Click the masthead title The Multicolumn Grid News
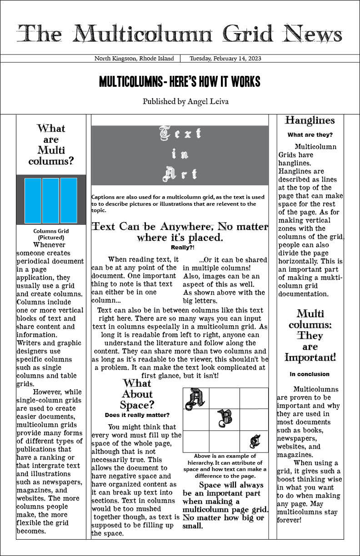[x=180, y=34]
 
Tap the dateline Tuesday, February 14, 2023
[x=225, y=59]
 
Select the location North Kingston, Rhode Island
[x=134, y=59]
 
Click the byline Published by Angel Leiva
[x=185, y=101]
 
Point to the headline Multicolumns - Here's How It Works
[x=180, y=82]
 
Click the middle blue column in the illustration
[x=50, y=200]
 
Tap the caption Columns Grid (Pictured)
[x=51, y=234]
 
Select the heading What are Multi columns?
[x=51, y=144]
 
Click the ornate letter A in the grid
[x=196, y=398]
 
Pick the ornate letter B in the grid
[x=225, y=419]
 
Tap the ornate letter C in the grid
[x=255, y=441]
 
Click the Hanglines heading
[x=310, y=120]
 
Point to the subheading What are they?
[x=310, y=135]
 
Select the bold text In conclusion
[x=310, y=374]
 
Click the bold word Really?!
[x=182, y=248]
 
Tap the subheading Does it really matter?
[x=137, y=415]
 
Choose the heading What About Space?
[x=137, y=394]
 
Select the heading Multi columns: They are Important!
[x=310, y=335]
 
